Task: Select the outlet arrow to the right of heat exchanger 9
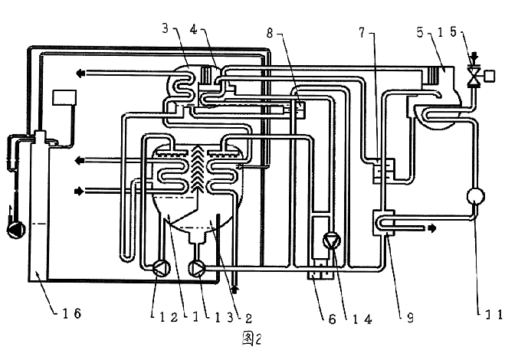pyautogui.click(x=434, y=227)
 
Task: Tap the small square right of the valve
pyautogui.click(x=490, y=74)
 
